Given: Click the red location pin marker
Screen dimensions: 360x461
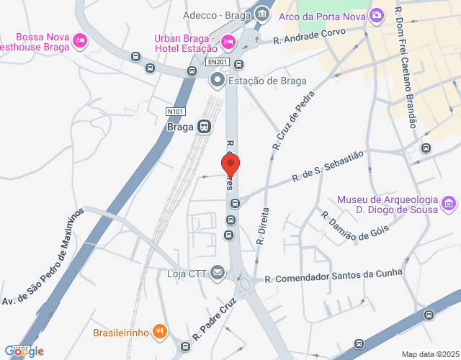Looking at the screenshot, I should pyautogui.click(x=230, y=165).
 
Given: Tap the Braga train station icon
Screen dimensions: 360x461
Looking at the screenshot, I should pyautogui.click(x=205, y=127).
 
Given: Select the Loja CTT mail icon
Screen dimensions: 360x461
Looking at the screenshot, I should pyautogui.click(x=218, y=273).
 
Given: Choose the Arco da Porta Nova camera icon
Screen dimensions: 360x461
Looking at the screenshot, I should pyautogui.click(x=376, y=15).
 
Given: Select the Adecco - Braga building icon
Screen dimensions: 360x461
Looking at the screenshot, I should pyautogui.click(x=261, y=14).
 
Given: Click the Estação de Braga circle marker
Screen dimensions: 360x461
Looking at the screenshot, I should pyautogui.click(x=217, y=81).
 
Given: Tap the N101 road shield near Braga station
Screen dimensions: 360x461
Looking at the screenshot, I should pyautogui.click(x=175, y=111).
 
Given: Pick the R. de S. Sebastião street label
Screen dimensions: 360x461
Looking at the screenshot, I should pyautogui.click(x=328, y=166).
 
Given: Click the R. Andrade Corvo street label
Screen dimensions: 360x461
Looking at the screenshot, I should pyautogui.click(x=309, y=36).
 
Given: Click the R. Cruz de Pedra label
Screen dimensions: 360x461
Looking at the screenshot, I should pyautogui.click(x=293, y=122).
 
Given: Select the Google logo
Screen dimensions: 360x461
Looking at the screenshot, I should pyautogui.click(x=24, y=351).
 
